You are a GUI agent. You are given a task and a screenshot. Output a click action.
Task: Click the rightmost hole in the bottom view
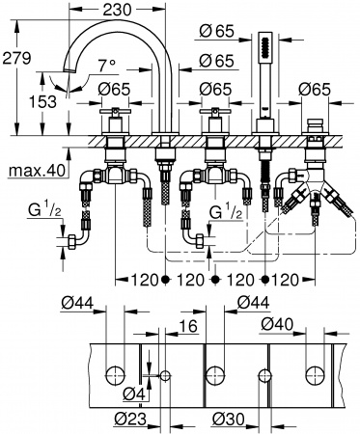(314, 372)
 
